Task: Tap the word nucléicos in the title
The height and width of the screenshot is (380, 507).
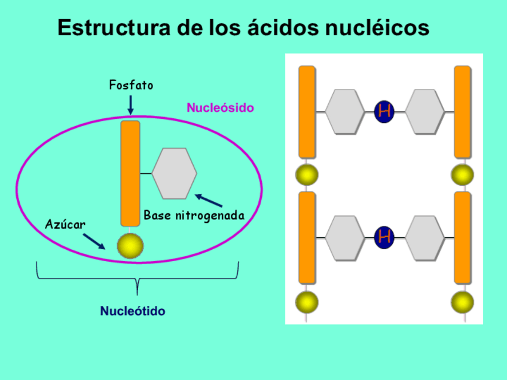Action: (377, 28)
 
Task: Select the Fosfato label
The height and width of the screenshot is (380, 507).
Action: (131, 85)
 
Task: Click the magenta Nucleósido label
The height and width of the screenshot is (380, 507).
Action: (220, 108)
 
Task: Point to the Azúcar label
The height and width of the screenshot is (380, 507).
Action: (65, 224)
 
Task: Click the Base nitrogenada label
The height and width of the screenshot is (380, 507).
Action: (194, 216)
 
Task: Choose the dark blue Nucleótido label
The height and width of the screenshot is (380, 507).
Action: (133, 311)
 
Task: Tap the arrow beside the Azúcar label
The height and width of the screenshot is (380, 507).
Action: (94, 240)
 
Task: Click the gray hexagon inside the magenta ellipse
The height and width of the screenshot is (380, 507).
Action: (174, 173)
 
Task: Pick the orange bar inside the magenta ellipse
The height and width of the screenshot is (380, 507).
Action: (130, 173)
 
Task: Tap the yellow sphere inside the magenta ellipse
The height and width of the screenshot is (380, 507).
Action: (130, 246)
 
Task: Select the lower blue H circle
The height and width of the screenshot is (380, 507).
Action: (384, 237)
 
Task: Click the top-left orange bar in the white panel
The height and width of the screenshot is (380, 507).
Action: (307, 112)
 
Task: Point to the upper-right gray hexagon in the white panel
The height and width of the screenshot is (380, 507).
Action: (424, 111)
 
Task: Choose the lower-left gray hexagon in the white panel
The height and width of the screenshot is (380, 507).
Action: (344, 238)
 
